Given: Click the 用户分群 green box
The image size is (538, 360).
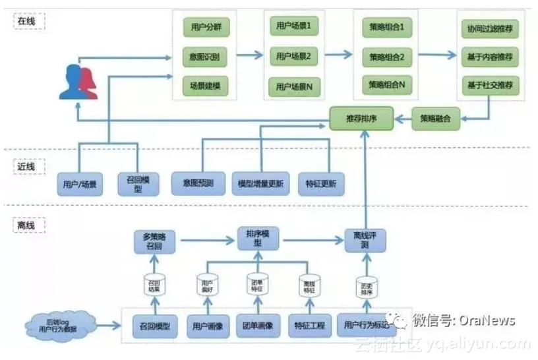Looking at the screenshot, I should coord(205,28).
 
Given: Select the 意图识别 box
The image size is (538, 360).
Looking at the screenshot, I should coord(205,57).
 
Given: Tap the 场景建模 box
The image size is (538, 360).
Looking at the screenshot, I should coord(205,85).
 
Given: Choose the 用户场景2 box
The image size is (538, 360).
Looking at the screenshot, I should coord(294,55).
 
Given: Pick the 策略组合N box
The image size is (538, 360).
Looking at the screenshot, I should coord(386,84).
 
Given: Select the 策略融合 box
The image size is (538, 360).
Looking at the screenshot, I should coord(436,119).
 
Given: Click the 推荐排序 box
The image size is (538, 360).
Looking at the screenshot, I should coord(361,119).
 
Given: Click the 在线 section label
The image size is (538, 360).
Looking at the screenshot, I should coord(28,21).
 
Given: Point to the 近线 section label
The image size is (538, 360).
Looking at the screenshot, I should coord(28,166).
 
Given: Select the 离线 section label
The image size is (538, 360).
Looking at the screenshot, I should coord(28,225).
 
